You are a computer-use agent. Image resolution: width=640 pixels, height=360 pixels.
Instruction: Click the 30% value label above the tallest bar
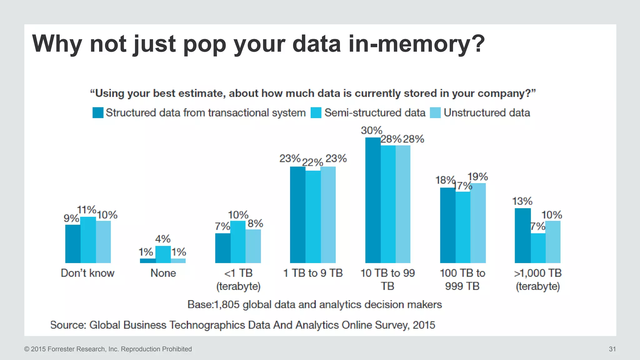pyautogui.click(x=371, y=131)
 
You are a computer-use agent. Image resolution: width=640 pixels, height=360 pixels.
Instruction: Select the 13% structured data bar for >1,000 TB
pyautogui.click(x=522, y=236)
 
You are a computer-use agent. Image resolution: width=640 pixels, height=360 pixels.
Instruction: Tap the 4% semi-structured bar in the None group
pyautogui.click(x=163, y=254)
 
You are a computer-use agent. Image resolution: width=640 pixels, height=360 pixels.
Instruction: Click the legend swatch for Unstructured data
pyautogui.click(x=435, y=113)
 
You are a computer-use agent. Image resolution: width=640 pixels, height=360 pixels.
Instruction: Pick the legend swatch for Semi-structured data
pyautogui.click(x=316, y=113)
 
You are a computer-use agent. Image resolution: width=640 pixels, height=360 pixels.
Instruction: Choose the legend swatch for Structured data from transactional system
pyautogui.click(x=98, y=113)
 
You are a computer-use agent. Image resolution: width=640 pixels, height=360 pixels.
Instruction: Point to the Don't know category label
pyautogui.click(x=88, y=273)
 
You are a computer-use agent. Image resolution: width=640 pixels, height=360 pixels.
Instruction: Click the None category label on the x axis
pyautogui.click(x=163, y=273)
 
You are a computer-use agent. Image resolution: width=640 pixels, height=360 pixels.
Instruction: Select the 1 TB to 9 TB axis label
pyautogui.click(x=313, y=273)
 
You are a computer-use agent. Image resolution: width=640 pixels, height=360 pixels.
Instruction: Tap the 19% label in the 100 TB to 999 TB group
pyautogui.click(x=477, y=177)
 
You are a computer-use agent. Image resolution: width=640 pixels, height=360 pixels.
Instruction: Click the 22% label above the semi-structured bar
pyautogui.click(x=312, y=162)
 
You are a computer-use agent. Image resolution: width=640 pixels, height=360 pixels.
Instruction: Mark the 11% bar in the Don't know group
pyautogui.click(x=88, y=240)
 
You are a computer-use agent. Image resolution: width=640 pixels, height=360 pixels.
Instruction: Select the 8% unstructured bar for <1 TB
pyautogui.click(x=253, y=246)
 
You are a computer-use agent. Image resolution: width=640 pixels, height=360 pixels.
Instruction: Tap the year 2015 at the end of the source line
pyautogui.click(x=424, y=325)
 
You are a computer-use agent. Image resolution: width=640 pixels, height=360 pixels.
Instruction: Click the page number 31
pyautogui.click(x=612, y=349)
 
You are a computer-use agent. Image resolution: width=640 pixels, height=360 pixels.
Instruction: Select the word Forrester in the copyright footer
pyautogui.click(x=61, y=349)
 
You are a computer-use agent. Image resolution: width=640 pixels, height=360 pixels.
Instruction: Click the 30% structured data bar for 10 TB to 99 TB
pyautogui.click(x=373, y=200)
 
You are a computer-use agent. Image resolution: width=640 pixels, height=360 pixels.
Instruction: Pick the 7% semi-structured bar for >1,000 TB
pyautogui.click(x=538, y=248)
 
